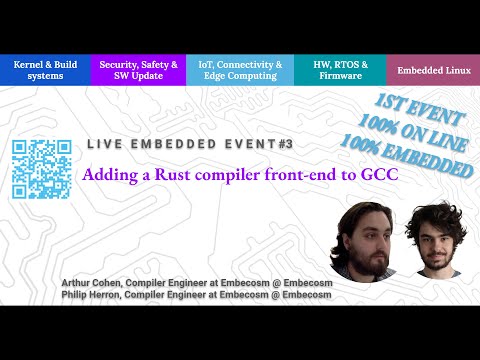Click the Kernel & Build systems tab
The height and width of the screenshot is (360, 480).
tap(44, 69)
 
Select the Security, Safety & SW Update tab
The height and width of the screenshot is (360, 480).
tap(139, 69)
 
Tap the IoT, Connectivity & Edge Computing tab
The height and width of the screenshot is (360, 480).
tap(240, 69)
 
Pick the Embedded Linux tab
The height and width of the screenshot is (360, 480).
tap(432, 70)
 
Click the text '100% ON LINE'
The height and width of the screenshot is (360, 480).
tap(417, 133)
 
